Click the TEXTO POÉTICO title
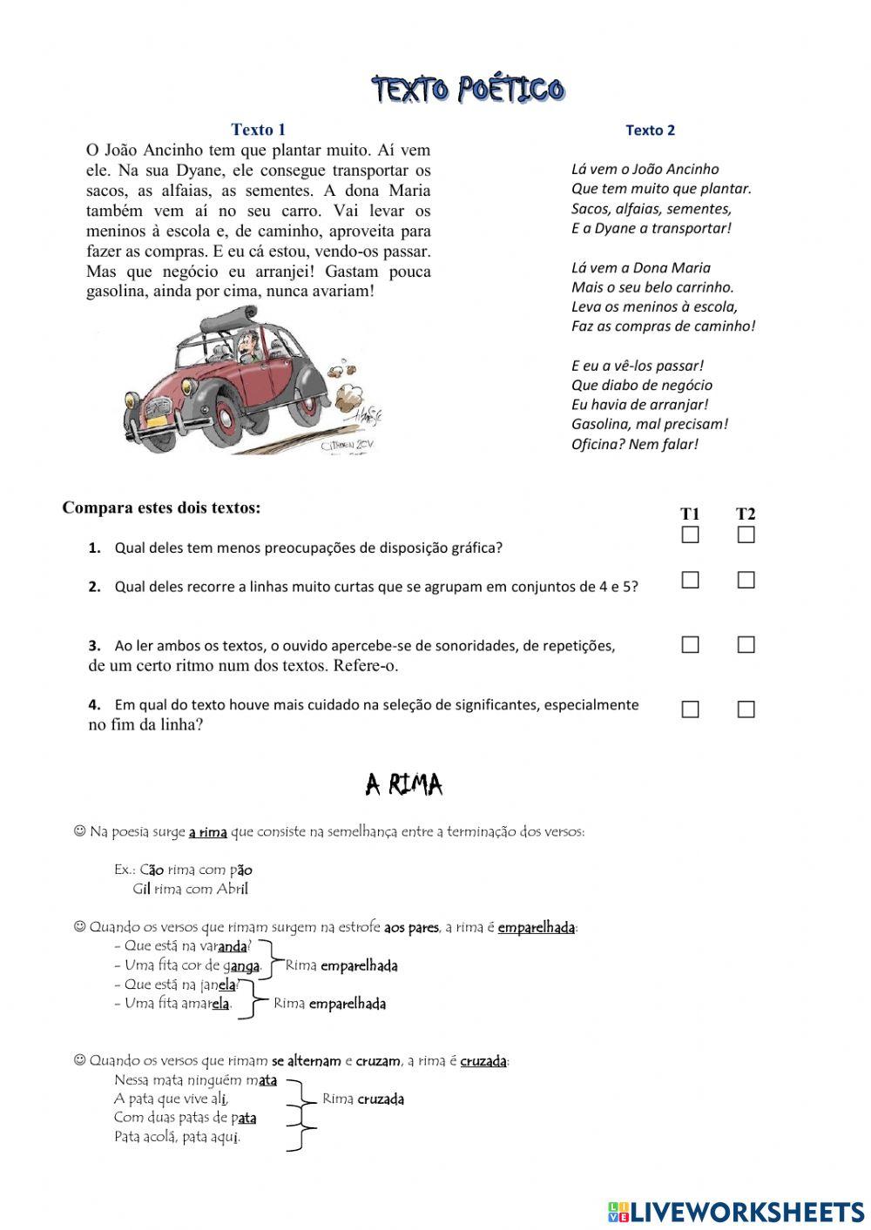point(469,89)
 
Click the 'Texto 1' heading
point(258,130)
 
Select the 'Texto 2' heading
point(650,131)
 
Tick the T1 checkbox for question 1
point(690,534)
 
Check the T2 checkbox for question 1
point(746,534)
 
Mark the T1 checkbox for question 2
point(690,580)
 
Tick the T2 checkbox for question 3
point(746,645)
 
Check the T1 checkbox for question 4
point(690,709)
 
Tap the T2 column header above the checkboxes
point(746,514)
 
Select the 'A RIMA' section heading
point(404,785)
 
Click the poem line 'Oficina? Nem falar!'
point(634,444)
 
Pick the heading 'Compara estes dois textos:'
point(161,507)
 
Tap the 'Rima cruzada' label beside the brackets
point(363,1099)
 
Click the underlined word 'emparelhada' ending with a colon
point(537,927)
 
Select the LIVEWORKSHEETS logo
point(735,1211)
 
